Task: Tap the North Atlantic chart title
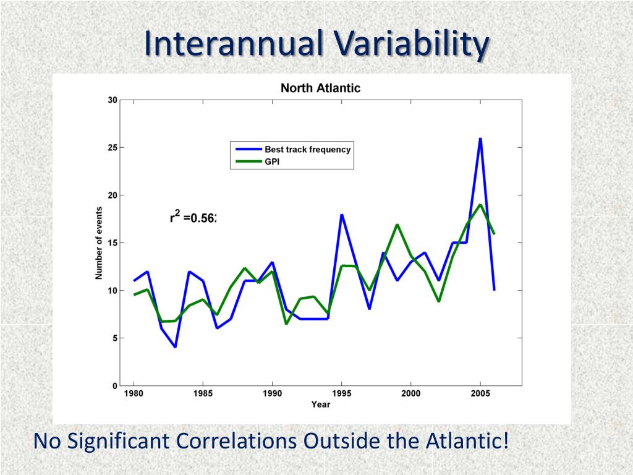[320, 88]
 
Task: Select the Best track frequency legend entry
[307, 149]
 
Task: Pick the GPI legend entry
[273, 161]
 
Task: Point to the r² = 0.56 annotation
[193, 217]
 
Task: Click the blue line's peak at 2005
[480, 139]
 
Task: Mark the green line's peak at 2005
[480, 205]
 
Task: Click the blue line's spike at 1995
[341, 215]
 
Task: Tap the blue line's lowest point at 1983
[176, 347]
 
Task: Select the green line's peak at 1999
[397, 225]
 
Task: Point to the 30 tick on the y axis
[113, 100]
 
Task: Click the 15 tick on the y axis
[113, 242]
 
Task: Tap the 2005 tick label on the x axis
[480, 393]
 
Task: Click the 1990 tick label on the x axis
[273, 393]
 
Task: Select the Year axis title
[320, 404]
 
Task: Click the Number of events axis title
[99, 243]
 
